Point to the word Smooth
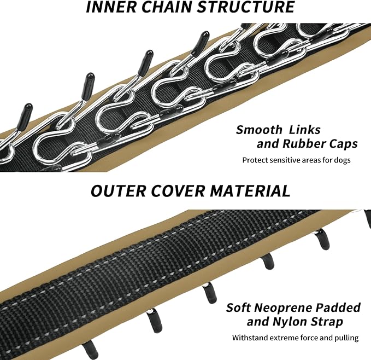[258, 130]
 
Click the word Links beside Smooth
[305, 130]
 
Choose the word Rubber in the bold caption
[304, 144]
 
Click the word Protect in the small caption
[255, 160]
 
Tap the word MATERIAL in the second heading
[249, 191]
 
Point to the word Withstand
[250, 338]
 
